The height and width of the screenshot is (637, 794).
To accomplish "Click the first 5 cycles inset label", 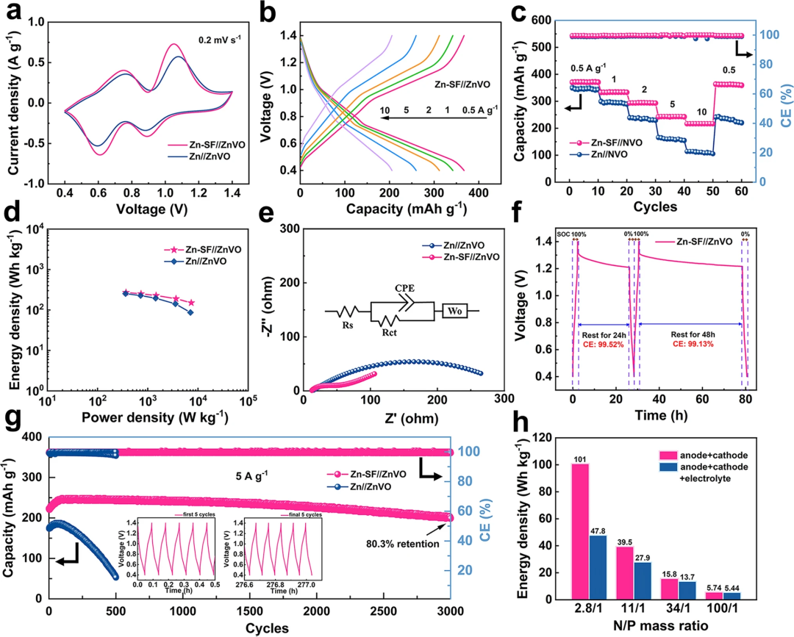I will pyautogui.click(x=184, y=514).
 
